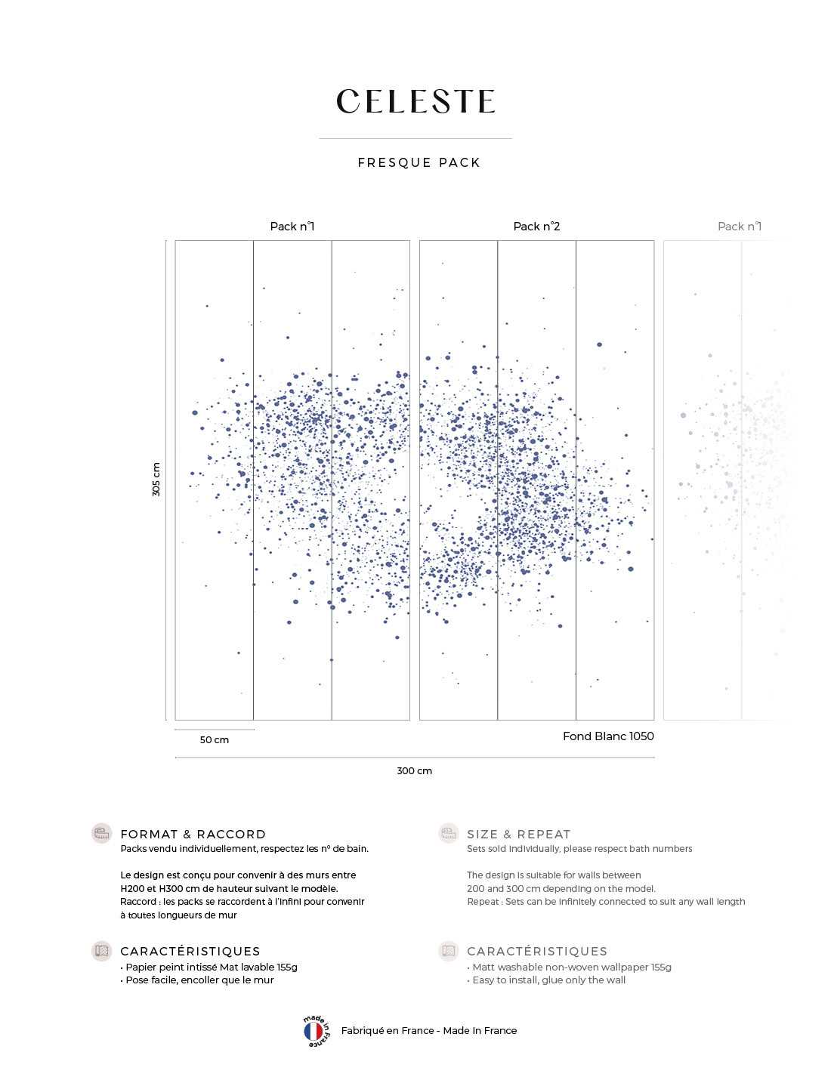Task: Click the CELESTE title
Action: pyautogui.click(x=415, y=102)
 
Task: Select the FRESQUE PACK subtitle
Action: pyautogui.click(x=419, y=162)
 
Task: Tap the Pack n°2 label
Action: pyautogui.click(x=536, y=227)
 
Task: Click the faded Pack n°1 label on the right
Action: pyautogui.click(x=739, y=227)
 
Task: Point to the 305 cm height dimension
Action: pyautogui.click(x=156, y=480)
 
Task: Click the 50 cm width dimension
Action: pyautogui.click(x=214, y=739)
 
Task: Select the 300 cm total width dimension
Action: pyautogui.click(x=414, y=770)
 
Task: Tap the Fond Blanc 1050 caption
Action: pyautogui.click(x=608, y=736)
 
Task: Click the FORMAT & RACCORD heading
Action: pyautogui.click(x=193, y=834)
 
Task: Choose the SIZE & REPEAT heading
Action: pyautogui.click(x=518, y=834)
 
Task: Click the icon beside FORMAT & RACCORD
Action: pyautogui.click(x=101, y=833)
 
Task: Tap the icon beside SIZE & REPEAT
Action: pyautogui.click(x=449, y=833)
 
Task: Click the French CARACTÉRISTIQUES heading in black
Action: pyautogui.click(x=190, y=951)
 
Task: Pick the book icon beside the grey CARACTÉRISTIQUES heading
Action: pyautogui.click(x=449, y=951)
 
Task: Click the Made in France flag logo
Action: pyautogui.click(x=314, y=1031)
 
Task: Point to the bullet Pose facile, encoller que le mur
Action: pyautogui.click(x=198, y=980)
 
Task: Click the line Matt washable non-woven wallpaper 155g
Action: pyautogui.click(x=570, y=967)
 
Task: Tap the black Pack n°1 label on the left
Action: pyautogui.click(x=292, y=227)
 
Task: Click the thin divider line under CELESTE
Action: pyautogui.click(x=415, y=138)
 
